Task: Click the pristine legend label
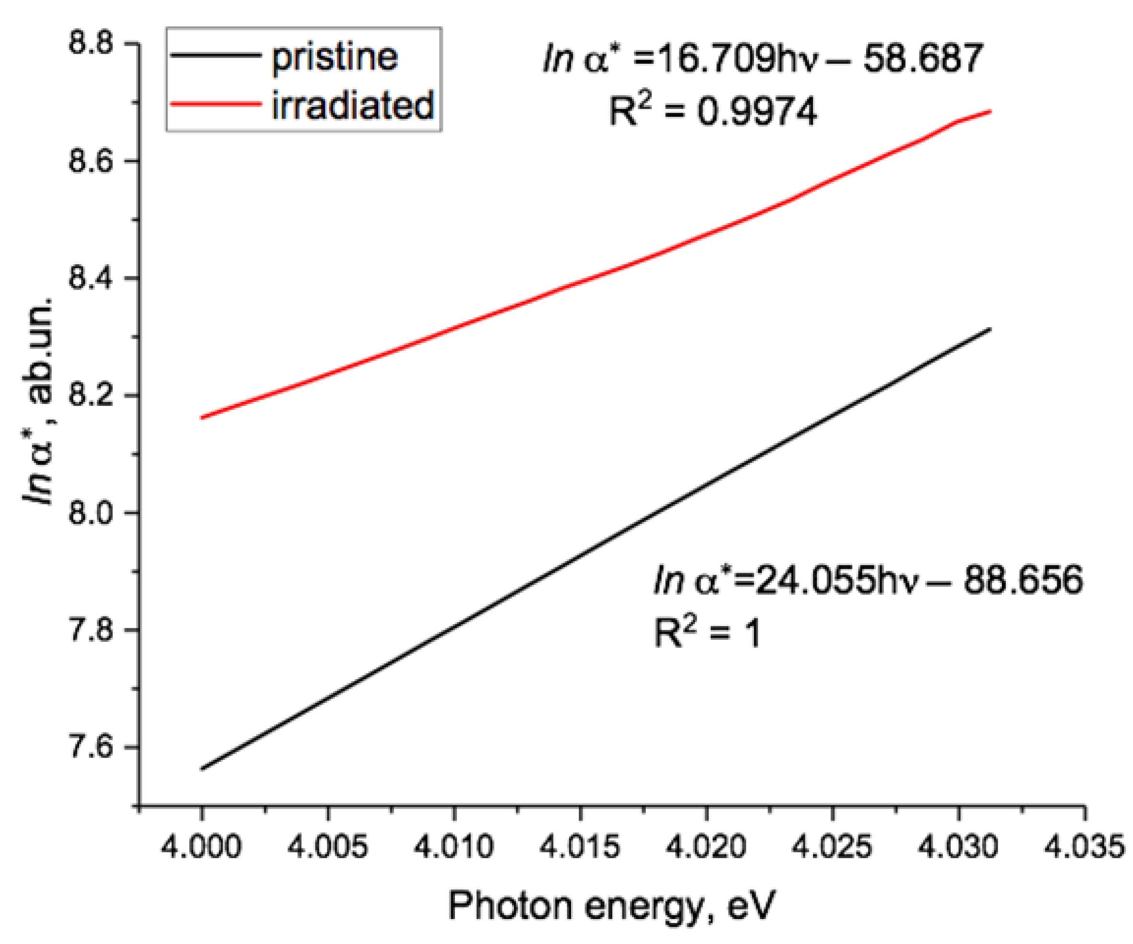tap(334, 57)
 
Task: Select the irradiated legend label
tap(353, 105)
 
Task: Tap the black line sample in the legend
tap(215, 55)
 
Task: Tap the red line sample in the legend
tap(215, 103)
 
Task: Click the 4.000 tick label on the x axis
tap(201, 848)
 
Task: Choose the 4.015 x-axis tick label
tap(580, 848)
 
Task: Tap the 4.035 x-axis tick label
tap(1085, 848)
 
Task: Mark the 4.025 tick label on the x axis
tap(832, 848)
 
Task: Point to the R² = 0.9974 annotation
tap(713, 112)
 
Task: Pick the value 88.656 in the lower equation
tap(1023, 580)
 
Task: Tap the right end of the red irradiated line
tap(990, 112)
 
